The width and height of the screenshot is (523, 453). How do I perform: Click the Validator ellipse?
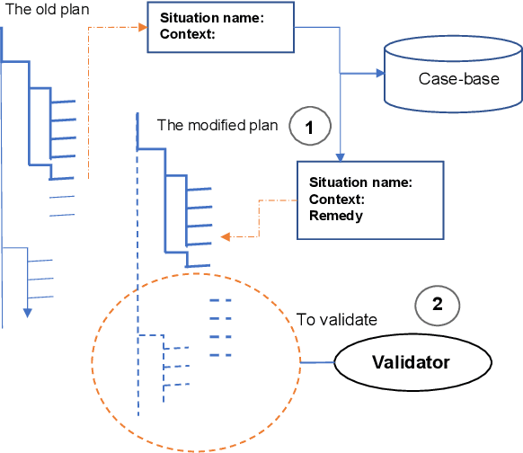pyautogui.click(x=412, y=362)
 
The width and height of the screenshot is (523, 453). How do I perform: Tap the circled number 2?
pyautogui.click(x=437, y=304)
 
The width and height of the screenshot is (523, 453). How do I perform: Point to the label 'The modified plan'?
pyautogui.click(x=217, y=125)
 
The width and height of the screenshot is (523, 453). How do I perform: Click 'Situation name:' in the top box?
pyautogui.click(x=211, y=18)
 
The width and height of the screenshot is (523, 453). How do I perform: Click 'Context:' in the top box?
pyautogui.click(x=187, y=35)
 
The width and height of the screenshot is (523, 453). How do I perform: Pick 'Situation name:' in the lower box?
pyautogui.click(x=360, y=182)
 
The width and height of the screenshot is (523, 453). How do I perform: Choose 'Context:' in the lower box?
pyautogui.click(x=336, y=199)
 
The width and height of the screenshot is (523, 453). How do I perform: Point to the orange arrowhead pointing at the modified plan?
pyautogui.click(x=226, y=237)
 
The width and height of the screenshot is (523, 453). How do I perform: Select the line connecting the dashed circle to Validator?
pyautogui.click(x=317, y=362)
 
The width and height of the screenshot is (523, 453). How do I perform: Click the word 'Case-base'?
pyautogui.click(x=458, y=79)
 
